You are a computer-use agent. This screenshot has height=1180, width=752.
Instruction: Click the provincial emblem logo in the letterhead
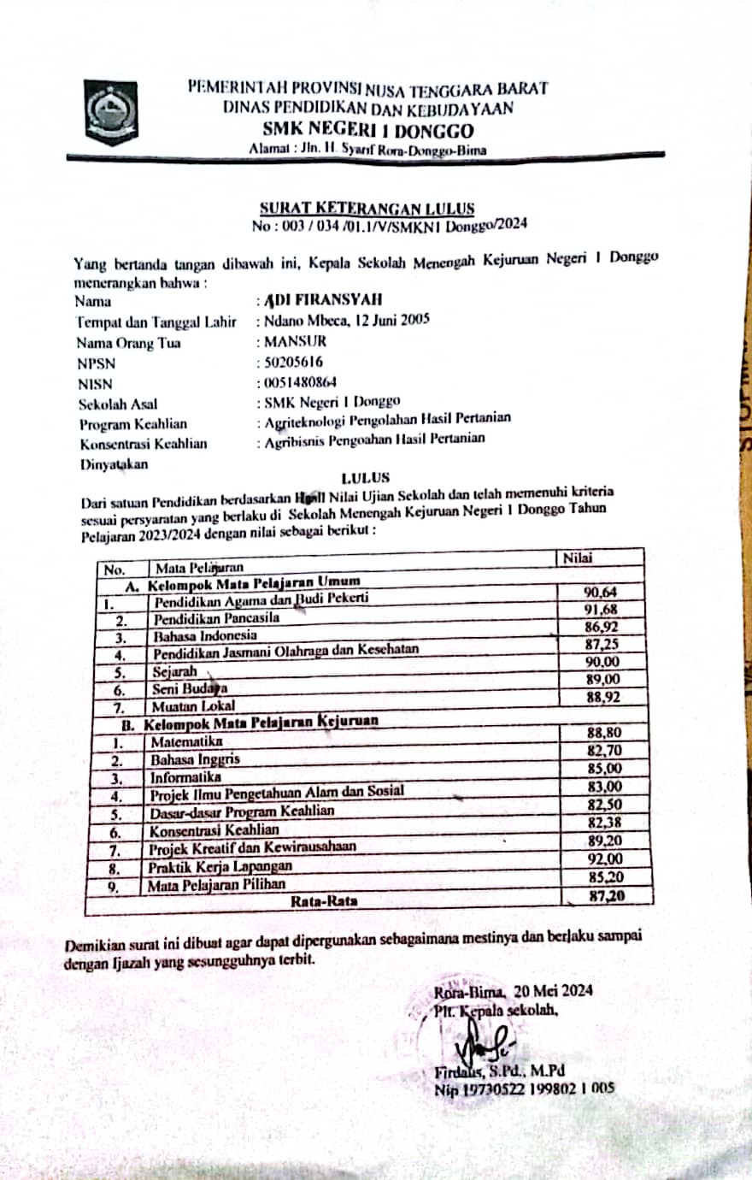pyautogui.click(x=110, y=111)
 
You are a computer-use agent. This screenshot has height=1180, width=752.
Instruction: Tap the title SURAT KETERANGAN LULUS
pyautogui.click(x=367, y=208)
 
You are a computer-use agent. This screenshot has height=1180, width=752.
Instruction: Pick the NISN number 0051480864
pyautogui.click(x=303, y=383)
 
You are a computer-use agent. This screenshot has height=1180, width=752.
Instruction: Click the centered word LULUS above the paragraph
pyautogui.click(x=365, y=478)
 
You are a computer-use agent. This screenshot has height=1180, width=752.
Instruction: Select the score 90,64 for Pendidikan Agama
pyautogui.click(x=602, y=592)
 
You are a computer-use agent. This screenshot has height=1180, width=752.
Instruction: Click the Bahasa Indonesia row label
pyautogui.click(x=204, y=636)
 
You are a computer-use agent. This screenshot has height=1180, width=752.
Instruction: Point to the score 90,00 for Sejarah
pyautogui.click(x=602, y=663)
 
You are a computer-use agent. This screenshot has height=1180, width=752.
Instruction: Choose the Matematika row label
pyautogui.click(x=185, y=740)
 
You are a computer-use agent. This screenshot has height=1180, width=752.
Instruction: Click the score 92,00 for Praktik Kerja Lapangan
pyautogui.click(x=604, y=858)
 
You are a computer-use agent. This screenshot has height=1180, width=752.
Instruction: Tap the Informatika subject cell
pyautogui.click(x=185, y=777)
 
